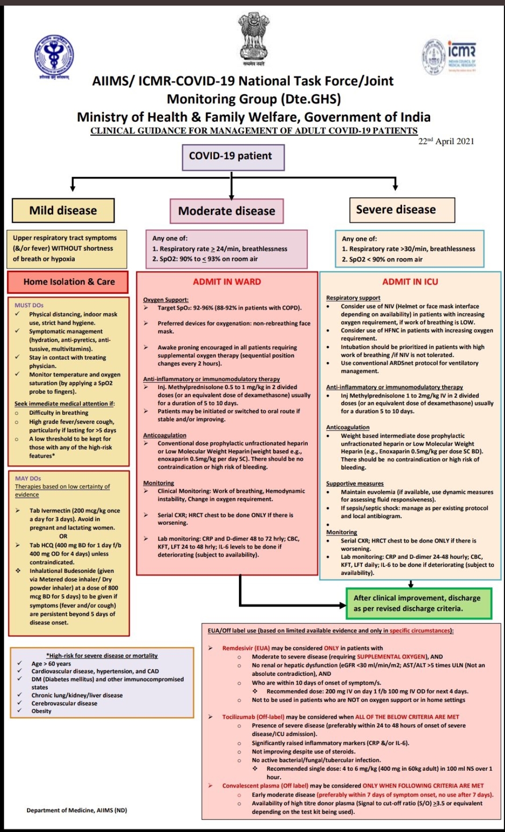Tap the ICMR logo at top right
point(449,56)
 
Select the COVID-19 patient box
point(233,157)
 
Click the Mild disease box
point(63,210)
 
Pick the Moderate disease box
point(227,211)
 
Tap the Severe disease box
point(396,210)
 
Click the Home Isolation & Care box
point(68,282)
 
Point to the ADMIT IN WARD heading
point(227,282)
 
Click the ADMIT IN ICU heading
point(410,282)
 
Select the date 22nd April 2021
point(446,142)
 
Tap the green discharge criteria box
point(418,603)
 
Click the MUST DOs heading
point(29,305)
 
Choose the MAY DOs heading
point(28,478)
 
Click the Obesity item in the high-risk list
point(41,711)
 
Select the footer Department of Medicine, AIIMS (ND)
point(77,810)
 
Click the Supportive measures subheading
point(354,484)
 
